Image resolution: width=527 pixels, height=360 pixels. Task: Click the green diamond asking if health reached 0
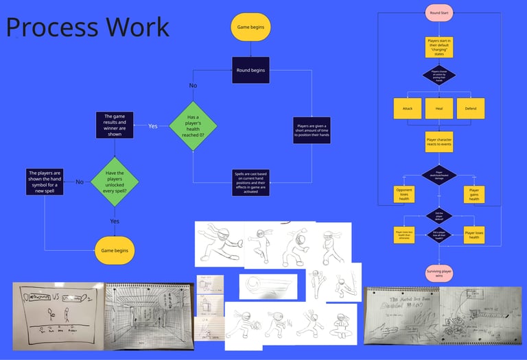[193, 125]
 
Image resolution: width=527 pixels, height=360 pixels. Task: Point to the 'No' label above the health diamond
[193, 86]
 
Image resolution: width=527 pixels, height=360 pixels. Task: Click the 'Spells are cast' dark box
[250, 182]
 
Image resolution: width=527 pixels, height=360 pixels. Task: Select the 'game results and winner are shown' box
[115, 125]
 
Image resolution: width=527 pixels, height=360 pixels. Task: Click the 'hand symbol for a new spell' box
[45, 182]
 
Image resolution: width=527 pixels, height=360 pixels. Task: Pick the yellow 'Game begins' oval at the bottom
[115, 250]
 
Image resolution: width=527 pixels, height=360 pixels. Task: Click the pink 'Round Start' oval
[438, 12]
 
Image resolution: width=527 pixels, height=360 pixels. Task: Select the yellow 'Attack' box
[408, 108]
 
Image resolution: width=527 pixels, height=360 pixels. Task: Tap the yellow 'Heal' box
[438, 108]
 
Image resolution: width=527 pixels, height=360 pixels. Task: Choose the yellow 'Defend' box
[470, 108]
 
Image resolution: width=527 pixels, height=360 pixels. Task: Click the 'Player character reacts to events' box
[438, 141]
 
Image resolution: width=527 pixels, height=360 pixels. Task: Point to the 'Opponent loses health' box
[404, 195]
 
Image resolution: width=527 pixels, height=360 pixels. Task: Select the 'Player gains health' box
[473, 195]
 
